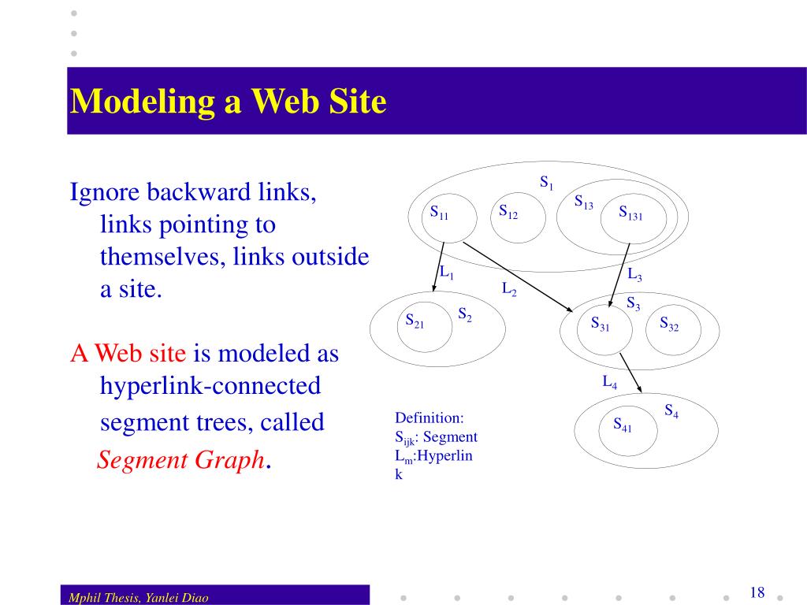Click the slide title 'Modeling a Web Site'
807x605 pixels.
(x=228, y=102)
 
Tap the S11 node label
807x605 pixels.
(x=439, y=213)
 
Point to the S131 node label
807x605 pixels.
(x=630, y=213)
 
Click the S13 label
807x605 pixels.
(x=583, y=202)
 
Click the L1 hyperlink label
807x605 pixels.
(x=447, y=273)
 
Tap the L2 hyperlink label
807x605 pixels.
(x=509, y=288)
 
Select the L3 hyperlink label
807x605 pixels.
(x=634, y=275)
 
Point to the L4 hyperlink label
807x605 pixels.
(x=610, y=383)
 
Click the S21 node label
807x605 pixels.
(x=415, y=320)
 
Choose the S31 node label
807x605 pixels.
(x=600, y=324)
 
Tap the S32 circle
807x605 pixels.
(x=669, y=324)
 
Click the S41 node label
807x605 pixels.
(x=623, y=425)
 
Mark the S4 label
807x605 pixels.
(x=671, y=411)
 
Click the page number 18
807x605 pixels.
(x=757, y=592)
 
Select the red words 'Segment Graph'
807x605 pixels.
(x=180, y=459)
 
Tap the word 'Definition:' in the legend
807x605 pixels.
(x=430, y=418)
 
